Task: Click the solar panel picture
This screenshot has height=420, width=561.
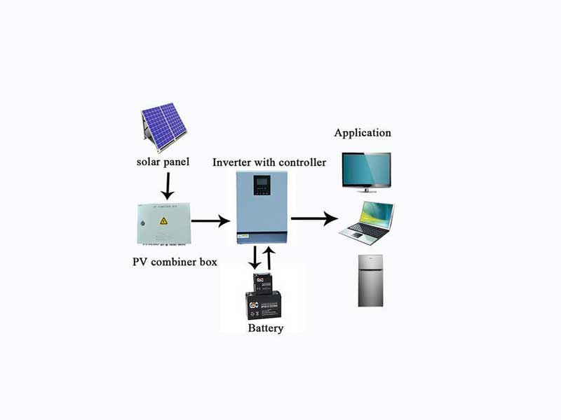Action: coord(164,126)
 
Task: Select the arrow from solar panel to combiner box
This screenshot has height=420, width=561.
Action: coord(167,185)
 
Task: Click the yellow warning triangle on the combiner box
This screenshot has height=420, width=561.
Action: coord(163,221)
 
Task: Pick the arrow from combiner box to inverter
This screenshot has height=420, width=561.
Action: coord(210,221)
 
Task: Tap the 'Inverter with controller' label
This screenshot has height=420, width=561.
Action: coord(269,163)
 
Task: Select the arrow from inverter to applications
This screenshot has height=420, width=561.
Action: coord(314,219)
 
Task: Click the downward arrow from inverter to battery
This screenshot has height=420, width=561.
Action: coord(255,258)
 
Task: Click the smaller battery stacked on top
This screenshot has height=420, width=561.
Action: coord(263,282)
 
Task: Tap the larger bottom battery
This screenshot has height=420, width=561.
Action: coord(264,305)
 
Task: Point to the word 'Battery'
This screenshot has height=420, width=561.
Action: coord(266,328)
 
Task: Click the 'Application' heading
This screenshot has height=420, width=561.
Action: coord(363,133)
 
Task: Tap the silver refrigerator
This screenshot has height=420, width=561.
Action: coord(370,280)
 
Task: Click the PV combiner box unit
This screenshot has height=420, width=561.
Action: coord(163,223)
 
